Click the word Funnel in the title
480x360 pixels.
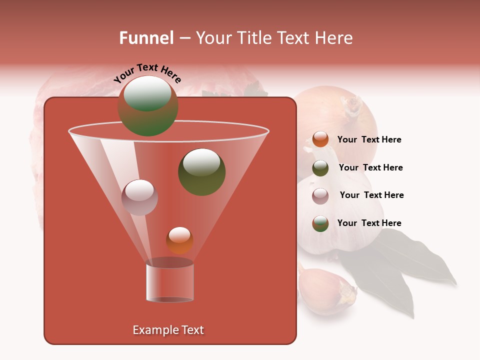pos(146,38)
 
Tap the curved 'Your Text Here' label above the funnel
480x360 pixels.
pos(147,73)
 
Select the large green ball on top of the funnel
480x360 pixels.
pos(147,106)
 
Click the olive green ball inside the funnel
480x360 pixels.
pos(201,172)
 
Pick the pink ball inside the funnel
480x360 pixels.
pos(139,197)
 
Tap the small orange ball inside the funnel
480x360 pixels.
pos(179,240)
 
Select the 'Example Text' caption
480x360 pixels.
pos(168,330)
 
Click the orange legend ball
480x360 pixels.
pos(320,139)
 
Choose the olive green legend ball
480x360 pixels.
pos(320,167)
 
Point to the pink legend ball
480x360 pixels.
pos(320,195)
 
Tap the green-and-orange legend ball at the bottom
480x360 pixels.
pos(320,223)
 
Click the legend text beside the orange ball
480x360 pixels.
pos(369,140)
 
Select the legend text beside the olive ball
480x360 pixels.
pos(370,168)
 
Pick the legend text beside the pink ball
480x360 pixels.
pos(371,195)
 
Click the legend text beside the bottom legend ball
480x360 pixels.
pos(369,223)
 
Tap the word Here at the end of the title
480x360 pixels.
pos(334,38)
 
